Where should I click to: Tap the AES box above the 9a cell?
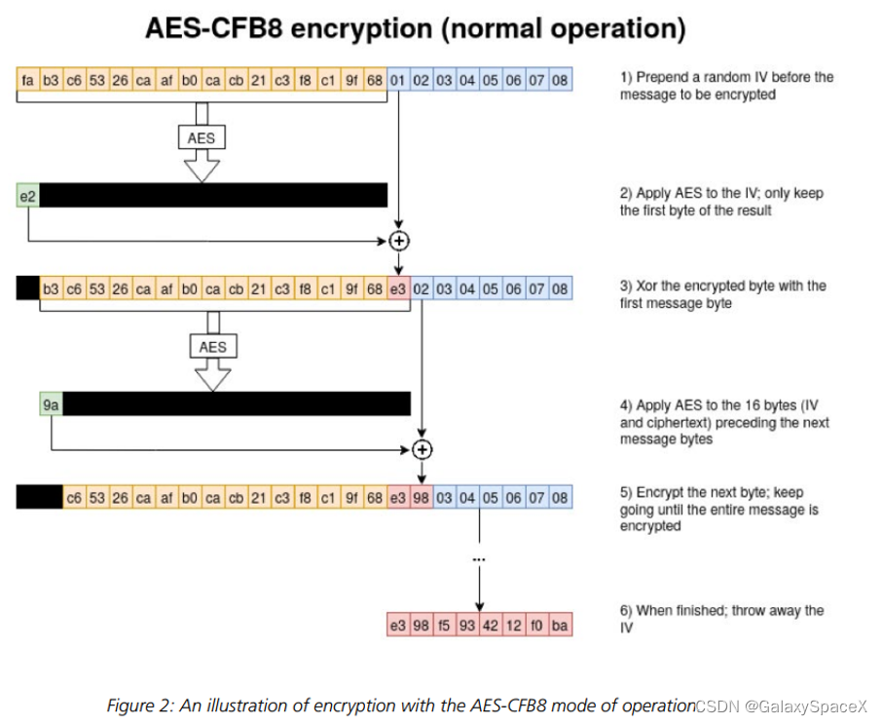(x=212, y=346)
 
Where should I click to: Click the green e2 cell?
(x=27, y=195)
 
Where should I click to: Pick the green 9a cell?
(x=51, y=403)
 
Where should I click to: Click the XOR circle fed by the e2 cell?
(x=398, y=240)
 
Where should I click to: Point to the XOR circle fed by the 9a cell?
(x=422, y=449)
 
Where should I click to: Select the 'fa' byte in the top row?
(x=28, y=79)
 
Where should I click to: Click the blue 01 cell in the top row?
(x=398, y=79)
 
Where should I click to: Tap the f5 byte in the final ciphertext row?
(x=444, y=625)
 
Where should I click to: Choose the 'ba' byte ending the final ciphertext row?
(x=560, y=625)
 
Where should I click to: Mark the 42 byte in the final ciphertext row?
(x=491, y=625)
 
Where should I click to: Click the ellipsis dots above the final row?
(x=479, y=560)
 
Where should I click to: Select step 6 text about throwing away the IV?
(x=721, y=619)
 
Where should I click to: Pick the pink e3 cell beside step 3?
(x=398, y=288)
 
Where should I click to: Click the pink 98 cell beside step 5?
(x=422, y=498)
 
